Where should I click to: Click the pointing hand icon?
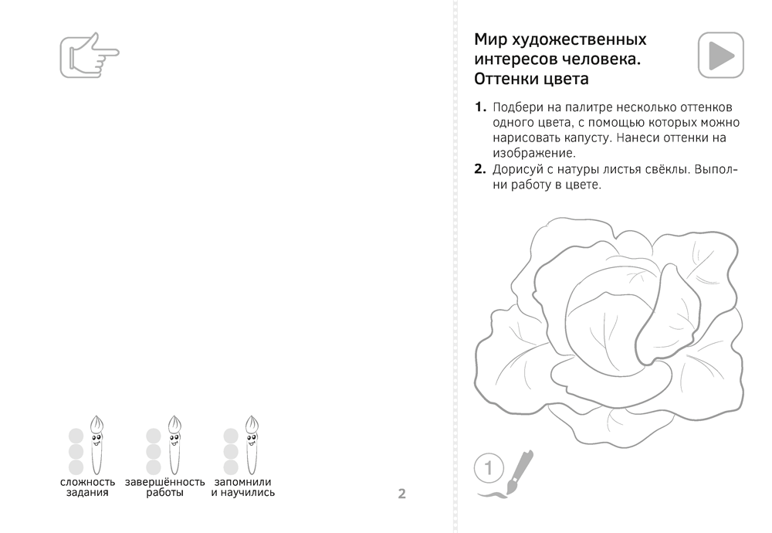tap(88, 55)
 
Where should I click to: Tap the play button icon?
tap(720, 55)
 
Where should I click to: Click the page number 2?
tap(401, 494)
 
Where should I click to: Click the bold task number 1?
tap(479, 107)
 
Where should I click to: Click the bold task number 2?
tap(479, 170)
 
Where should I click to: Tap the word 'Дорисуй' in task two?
tap(520, 170)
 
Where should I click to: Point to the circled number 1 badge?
tap(488, 467)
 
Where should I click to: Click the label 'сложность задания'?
tap(87, 487)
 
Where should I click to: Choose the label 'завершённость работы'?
tap(164, 487)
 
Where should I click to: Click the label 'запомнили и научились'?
tap(242, 487)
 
